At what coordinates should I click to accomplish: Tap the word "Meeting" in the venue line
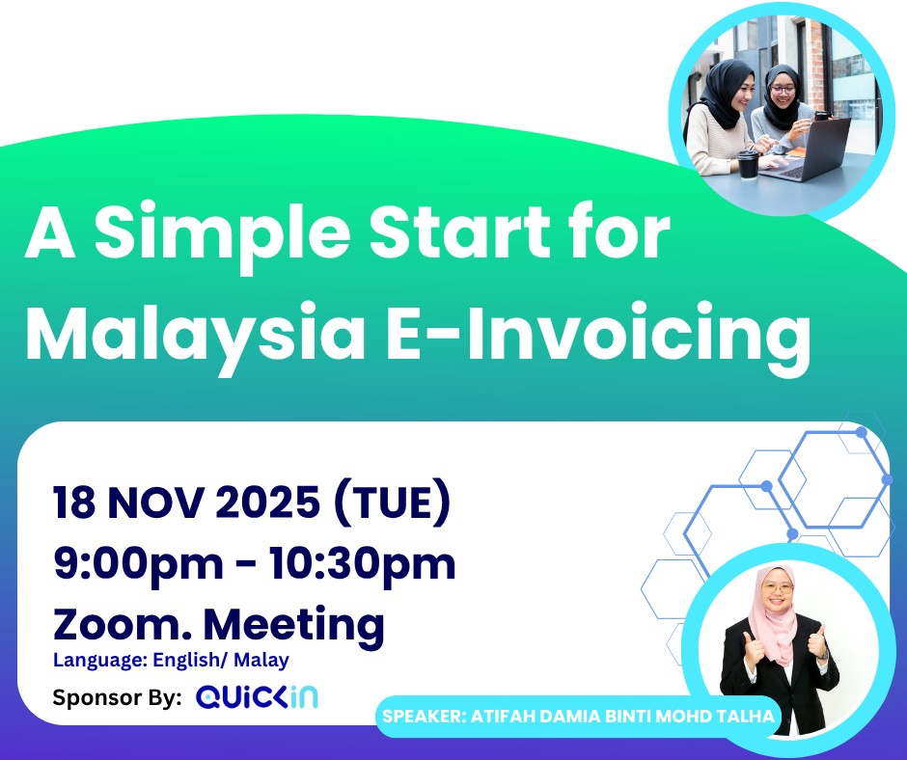pyautogui.click(x=296, y=624)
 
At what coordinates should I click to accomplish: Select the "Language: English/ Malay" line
pyautogui.click(x=171, y=661)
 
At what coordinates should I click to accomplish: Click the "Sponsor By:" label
pyautogui.click(x=117, y=697)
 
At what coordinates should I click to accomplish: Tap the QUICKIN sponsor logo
pyautogui.click(x=257, y=697)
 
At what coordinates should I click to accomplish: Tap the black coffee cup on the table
pyautogui.click(x=748, y=165)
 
